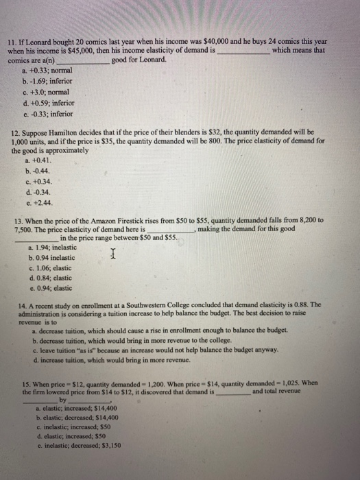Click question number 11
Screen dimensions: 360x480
tap(11, 42)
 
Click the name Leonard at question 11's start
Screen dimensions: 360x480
tap(40, 42)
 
